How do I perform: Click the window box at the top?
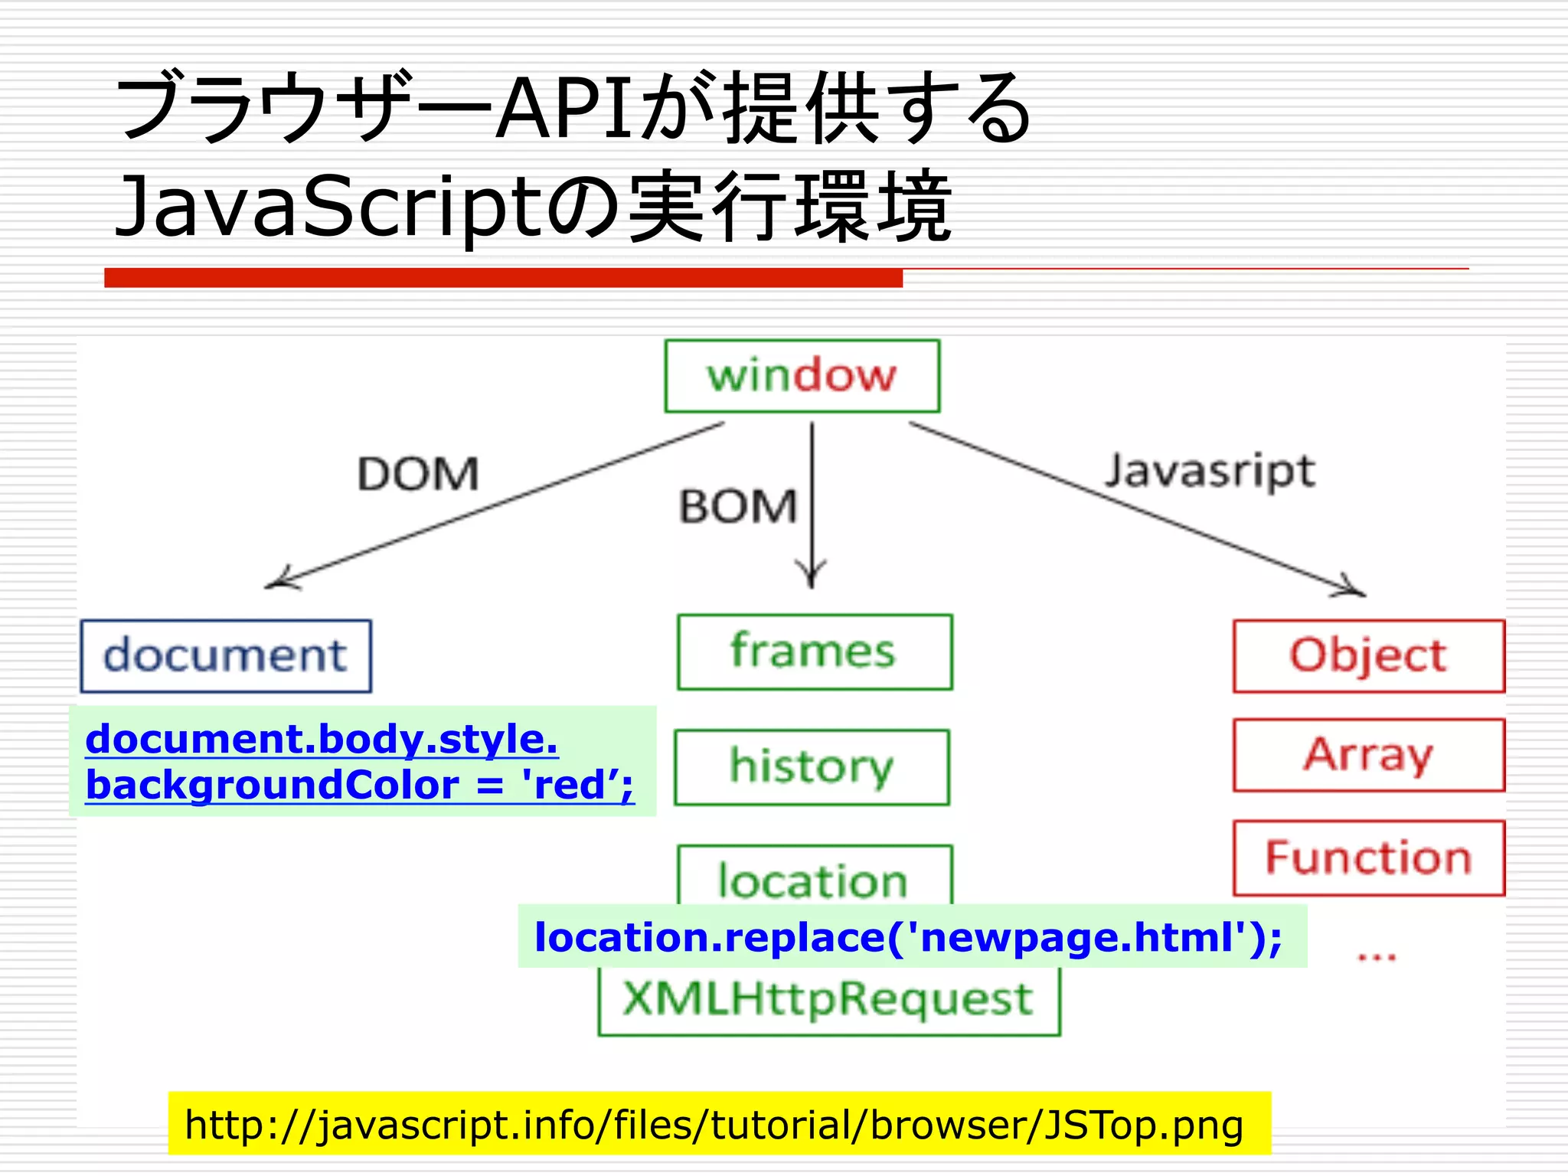click(802, 376)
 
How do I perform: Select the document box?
click(226, 656)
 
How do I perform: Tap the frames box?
click(814, 652)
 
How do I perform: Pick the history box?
click(812, 766)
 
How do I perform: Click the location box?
click(814, 877)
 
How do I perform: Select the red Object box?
click(1368, 656)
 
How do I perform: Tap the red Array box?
click(1368, 755)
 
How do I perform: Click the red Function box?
click(1368, 857)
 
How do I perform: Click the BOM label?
click(737, 507)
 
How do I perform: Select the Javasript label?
click(1210, 470)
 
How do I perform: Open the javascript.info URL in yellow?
click(714, 1125)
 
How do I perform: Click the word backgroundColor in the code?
click(272, 786)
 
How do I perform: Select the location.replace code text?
click(907, 937)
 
